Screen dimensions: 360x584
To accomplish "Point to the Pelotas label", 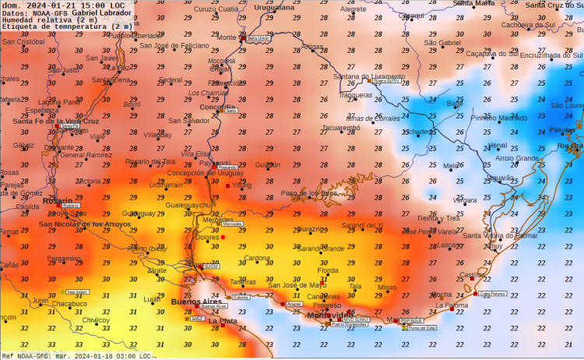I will pos(562,130).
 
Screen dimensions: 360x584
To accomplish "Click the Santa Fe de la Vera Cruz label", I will pos(56,121).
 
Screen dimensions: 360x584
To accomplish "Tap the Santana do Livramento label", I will pos(368,76).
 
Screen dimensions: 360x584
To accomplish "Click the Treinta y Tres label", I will pos(439,218).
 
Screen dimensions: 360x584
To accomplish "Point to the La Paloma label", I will pos(452,306).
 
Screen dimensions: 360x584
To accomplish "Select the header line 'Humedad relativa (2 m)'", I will pos(44,19).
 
